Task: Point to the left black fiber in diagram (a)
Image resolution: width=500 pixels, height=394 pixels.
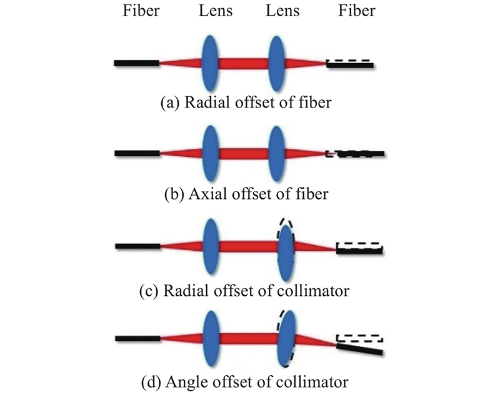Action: [x=136, y=63]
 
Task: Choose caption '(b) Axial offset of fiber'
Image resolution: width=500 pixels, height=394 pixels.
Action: [x=246, y=194]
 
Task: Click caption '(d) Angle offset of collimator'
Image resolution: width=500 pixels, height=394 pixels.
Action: [x=246, y=380]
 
